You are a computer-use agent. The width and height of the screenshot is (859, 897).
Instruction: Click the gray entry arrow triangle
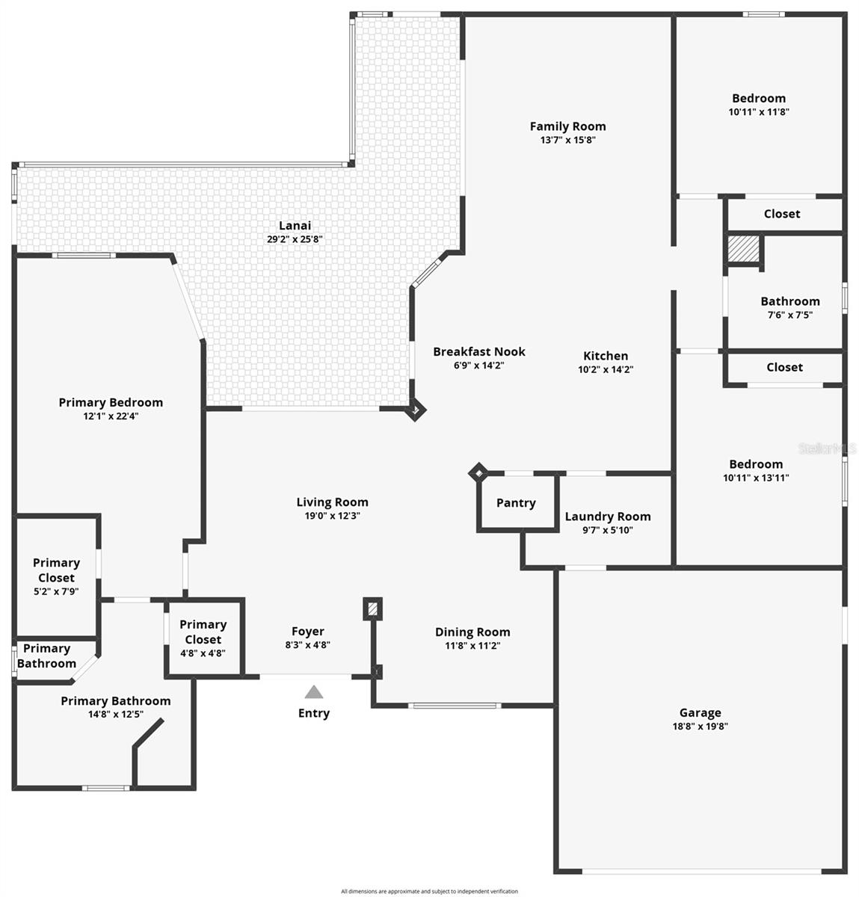pos(314,692)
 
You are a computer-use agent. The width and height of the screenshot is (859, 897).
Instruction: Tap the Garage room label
pos(700,713)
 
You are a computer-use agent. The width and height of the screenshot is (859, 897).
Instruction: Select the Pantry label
pos(516,503)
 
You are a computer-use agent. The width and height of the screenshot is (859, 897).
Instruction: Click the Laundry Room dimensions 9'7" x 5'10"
pos(607,531)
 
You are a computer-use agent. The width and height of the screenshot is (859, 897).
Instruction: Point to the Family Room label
pos(567,126)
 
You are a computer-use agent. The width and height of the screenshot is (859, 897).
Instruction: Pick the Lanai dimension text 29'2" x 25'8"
pos(295,240)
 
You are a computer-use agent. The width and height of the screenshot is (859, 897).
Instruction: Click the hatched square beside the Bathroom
pos(743,250)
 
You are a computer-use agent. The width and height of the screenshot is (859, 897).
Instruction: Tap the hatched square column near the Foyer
pos(372,608)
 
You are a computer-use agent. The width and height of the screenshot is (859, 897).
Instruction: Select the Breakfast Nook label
pos(479,351)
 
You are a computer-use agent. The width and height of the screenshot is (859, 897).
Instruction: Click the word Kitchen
pos(606,356)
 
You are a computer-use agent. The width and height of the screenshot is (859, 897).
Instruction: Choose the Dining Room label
pos(472,632)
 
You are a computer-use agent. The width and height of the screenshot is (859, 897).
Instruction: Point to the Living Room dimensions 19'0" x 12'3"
pos(332,516)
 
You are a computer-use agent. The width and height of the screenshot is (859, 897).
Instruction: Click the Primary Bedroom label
pos(111,402)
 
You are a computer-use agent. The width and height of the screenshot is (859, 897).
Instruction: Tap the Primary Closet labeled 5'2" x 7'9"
pos(56,570)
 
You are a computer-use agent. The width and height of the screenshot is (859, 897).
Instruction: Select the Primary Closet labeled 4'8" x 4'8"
pos(203,632)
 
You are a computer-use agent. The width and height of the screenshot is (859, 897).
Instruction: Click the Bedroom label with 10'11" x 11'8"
pos(759,98)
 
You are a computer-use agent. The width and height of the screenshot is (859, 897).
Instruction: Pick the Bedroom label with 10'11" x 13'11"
pos(756,464)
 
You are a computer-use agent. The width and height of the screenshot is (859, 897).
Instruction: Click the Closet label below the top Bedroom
pos(782,214)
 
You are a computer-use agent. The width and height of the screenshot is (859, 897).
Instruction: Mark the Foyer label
pos(308,632)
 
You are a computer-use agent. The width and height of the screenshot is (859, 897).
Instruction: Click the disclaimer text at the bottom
pos(429,891)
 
